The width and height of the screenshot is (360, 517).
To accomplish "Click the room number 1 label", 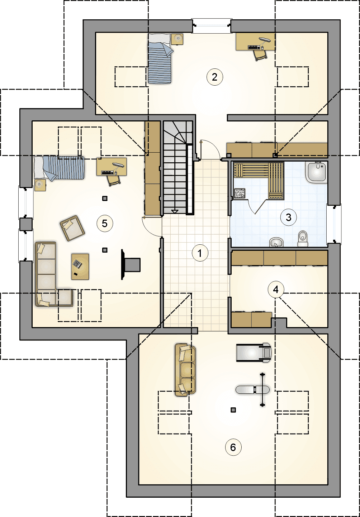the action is [x=200, y=253].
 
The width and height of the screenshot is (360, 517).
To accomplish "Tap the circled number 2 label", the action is [x=215, y=77].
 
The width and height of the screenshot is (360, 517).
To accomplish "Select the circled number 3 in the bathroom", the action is [x=288, y=217].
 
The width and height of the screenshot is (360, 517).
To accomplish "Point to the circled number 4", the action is [x=276, y=289].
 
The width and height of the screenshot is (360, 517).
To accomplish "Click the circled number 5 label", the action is [x=105, y=223].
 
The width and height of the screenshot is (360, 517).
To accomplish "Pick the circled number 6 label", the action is [x=233, y=447].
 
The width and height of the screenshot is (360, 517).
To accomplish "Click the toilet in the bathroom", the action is [x=303, y=239].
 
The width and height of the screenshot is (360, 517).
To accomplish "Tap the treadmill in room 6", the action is [x=254, y=353].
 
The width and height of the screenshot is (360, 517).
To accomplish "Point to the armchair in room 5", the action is [x=72, y=228].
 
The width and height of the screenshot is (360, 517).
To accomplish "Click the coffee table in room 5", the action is [x=80, y=267].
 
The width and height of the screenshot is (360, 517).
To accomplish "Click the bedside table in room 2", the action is [x=177, y=39].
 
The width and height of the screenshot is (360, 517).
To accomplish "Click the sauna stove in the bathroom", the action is [x=240, y=193].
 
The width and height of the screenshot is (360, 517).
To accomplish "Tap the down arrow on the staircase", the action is [x=175, y=211].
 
